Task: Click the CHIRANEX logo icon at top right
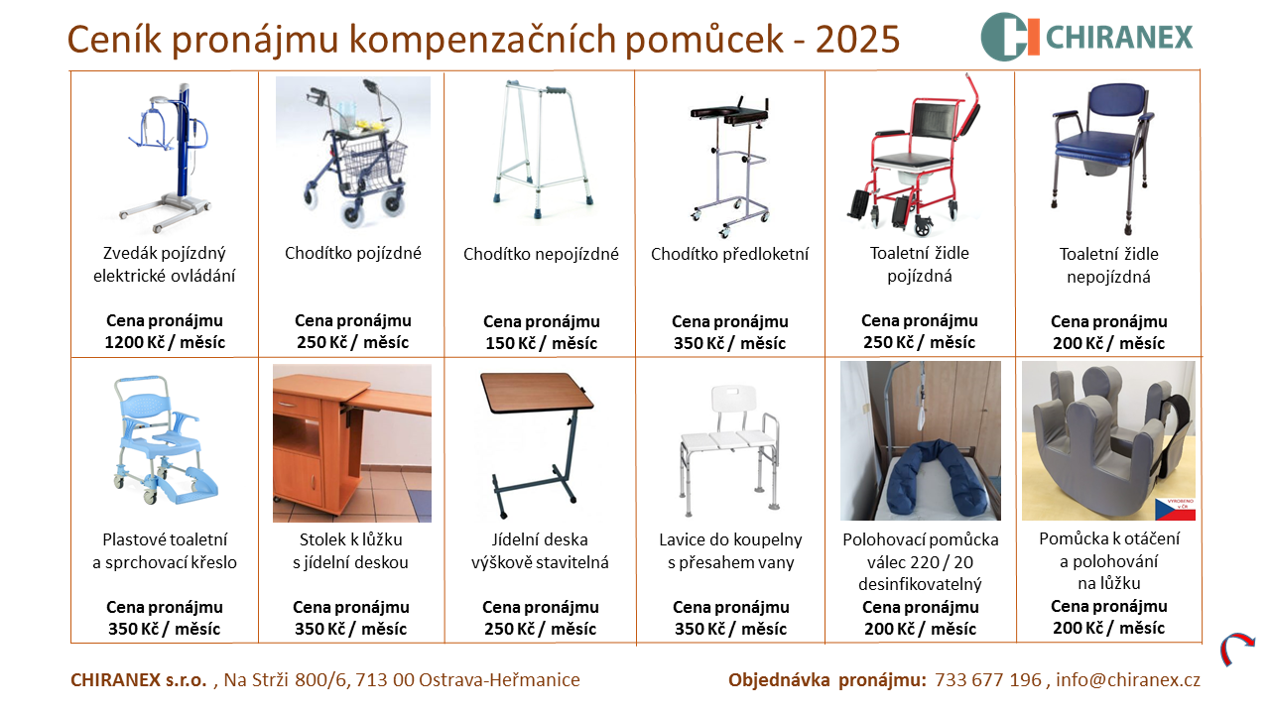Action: pos(1010,37)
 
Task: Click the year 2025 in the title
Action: pos(858,39)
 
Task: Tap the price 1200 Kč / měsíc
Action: pos(165,342)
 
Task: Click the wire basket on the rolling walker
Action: pos(374,164)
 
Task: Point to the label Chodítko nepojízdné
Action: pos(541,254)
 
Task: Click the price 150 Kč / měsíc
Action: pos(542,343)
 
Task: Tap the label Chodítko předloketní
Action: pos(729,254)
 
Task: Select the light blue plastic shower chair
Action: pos(165,439)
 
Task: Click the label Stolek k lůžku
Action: pos(351,539)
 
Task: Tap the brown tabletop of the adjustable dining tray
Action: pos(537,392)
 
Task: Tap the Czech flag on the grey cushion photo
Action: pos(1176,510)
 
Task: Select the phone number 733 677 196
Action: pos(988,679)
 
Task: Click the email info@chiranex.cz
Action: pos(1128,679)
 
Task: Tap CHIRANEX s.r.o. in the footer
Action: pos(139,679)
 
